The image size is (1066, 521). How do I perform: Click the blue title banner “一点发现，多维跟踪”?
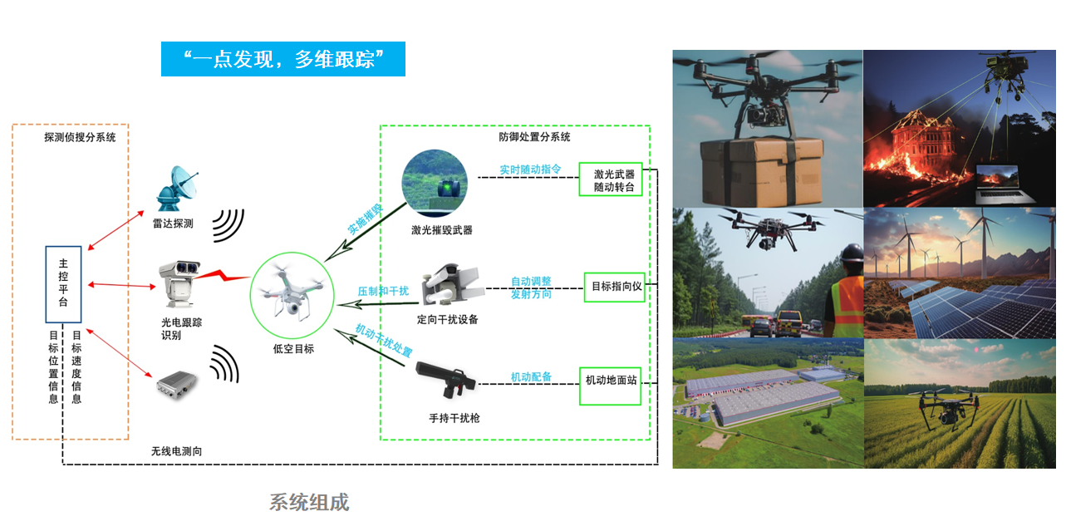(x=282, y=59)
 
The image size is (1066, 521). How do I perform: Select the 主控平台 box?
(x=63, y=284)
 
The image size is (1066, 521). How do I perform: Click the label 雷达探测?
(x=173, y=224)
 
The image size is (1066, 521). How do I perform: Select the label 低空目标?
(x=293, y=349)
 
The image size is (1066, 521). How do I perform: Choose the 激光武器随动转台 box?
(x=611, y=180)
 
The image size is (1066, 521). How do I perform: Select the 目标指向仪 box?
(x=615, y=287)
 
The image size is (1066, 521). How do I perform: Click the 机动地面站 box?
(x=610, y=380)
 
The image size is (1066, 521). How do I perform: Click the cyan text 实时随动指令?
(x=530, y=169)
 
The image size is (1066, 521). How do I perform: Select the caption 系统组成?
(x=309, y=502)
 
